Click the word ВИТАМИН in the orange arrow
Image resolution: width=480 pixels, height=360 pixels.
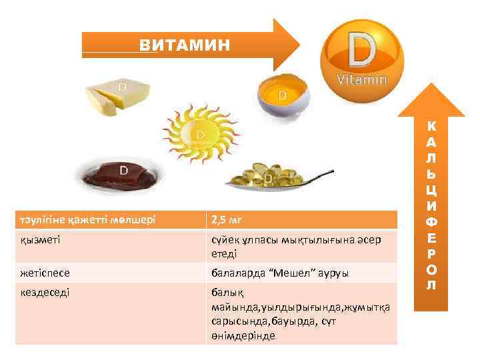pyautogui.click(x=185, y=45)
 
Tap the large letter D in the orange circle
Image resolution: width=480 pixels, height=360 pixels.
pyautogui.click(x=360, y=48)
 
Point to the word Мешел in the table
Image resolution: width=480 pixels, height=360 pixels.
pyautogui.click(x=283, y=273)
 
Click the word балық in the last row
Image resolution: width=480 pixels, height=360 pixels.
pyautogui.click(x=224, y=293)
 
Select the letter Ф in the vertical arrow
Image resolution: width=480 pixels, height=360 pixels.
pyautogui.click(x=432, y=221)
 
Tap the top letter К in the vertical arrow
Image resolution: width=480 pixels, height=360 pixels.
pyautogui.click(x=432, y=125)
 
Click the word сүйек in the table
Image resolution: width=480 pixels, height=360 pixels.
pyautogui.click(x=225, y=240)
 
